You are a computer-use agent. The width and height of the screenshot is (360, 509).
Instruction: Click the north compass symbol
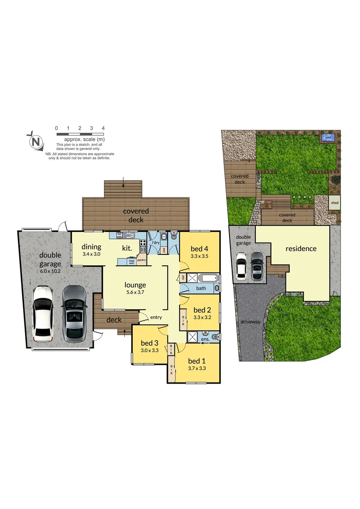pos(35,141)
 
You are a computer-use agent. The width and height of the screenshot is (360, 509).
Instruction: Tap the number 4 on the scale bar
pos(103,128)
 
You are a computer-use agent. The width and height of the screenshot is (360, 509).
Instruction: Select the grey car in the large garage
pos(74,313)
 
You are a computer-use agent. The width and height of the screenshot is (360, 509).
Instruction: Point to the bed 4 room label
pos(199,249)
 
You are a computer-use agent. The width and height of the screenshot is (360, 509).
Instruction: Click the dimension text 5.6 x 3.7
pos(135,292)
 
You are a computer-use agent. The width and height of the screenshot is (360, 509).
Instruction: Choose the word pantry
pos(142,258)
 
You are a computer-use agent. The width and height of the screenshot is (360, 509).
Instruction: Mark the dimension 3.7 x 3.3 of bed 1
pos(197,369)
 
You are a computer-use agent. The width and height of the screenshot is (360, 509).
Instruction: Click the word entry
pos(156,318)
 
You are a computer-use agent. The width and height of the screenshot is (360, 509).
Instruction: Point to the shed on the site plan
pos(335,203)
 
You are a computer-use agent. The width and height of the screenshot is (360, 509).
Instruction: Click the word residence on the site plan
pos(301,248)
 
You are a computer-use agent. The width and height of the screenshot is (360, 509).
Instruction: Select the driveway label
pos(250,322)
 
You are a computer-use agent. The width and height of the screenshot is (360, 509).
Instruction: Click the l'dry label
pos(155,243)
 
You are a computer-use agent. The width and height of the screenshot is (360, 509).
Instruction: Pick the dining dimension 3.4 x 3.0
pos(91,254)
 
